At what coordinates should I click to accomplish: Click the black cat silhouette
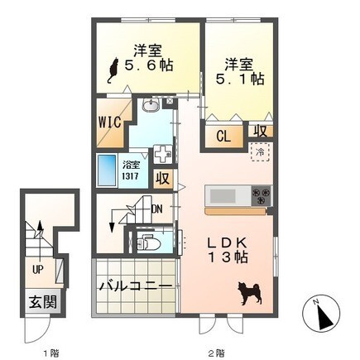click(x=113, y=70)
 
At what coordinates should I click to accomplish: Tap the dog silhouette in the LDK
click(x=250, y=293)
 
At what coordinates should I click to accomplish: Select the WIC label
click(x=110, y=122)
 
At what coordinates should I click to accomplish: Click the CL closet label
click(x=223, y=137)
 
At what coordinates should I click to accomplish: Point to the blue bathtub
click(x=107, y=170)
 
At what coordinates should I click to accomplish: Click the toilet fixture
click(x=149, y=242)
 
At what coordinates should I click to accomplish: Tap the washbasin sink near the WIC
click(x=151, y=105)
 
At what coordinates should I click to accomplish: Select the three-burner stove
click(x=261, y=195)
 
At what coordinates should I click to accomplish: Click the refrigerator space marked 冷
click(x=260, y=151)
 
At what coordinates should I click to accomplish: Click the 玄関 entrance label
click(x=43, y=301)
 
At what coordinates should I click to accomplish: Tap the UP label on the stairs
click(x=38, y=270)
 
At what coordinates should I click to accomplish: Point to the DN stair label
click(x=156, y=209)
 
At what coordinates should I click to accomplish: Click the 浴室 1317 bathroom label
click(x=131, y=171)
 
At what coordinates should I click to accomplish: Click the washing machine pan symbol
click(x=162, y=155)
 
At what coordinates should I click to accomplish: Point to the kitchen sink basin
click(x=223, y=196)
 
